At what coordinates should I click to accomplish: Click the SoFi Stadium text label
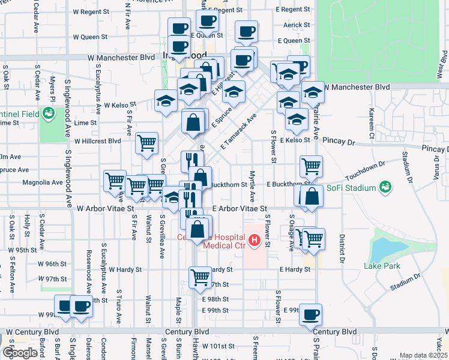pyautogui.click(x=350, y=188)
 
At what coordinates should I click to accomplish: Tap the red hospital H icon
pyautogui.click(x=255, y=241)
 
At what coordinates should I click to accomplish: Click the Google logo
pyautogui.click(x=19, y=353)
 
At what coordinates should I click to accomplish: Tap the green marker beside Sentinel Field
pyautogui.click(x=49, y=112)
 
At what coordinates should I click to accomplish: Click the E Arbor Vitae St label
pyautogui.click(x=240, y=208)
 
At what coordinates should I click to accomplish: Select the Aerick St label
pyautogui.click(x=298, y=25)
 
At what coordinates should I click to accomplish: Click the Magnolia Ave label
pyautogui.click(x=43, y=182)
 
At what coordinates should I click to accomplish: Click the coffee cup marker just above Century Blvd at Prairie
pyautogui.click(x=311, y=314)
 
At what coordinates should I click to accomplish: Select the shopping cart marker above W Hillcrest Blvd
pyautogui.click(x=146, y=143)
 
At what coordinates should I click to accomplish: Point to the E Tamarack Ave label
pyautogui.click(x=238, y=131)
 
